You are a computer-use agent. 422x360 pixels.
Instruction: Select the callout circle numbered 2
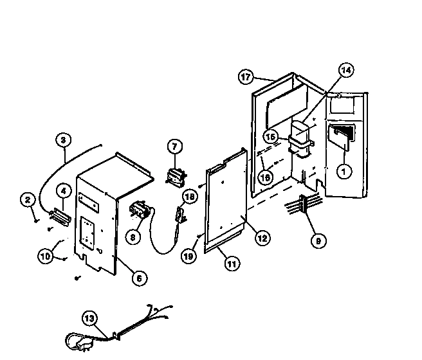pyautogui.click(x=28, y=201)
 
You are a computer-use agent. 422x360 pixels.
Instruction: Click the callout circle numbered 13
pyautogui.click(x=89, y=317)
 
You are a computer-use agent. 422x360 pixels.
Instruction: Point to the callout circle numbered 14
pyautogui.click(x=346, y=71)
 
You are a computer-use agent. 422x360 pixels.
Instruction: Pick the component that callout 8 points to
pyautogui.click(x=140, y=210)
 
